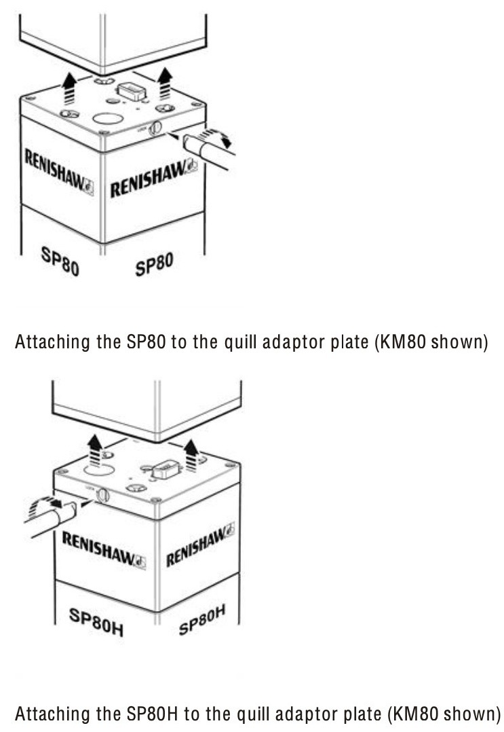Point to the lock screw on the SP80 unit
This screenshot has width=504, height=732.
click(155, 126)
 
